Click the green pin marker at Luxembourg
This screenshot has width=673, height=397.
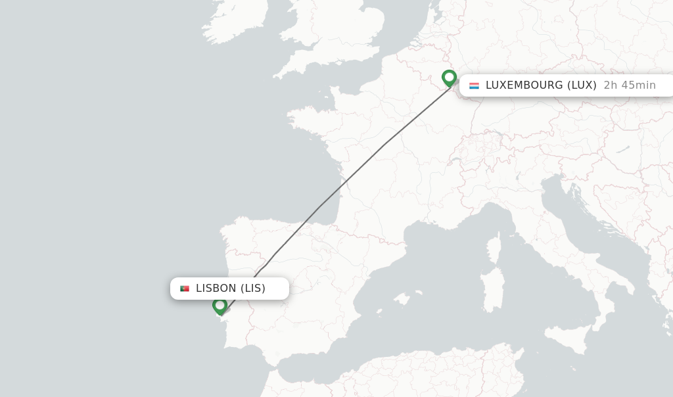(x=449, y=78)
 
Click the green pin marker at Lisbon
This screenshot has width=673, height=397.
(x=220, y=306)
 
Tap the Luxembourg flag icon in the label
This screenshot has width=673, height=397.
(x=474, y=85)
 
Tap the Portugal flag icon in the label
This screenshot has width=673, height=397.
(x=185, y=289)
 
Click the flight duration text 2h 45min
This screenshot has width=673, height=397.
(x=630, y=85)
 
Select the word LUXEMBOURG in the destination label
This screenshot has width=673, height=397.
(x=524, y=85)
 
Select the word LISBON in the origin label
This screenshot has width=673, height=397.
(x=216, y=289)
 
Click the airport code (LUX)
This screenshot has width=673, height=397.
(x=582, y=85)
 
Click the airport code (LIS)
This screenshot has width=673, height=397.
(x=252, y=289)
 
